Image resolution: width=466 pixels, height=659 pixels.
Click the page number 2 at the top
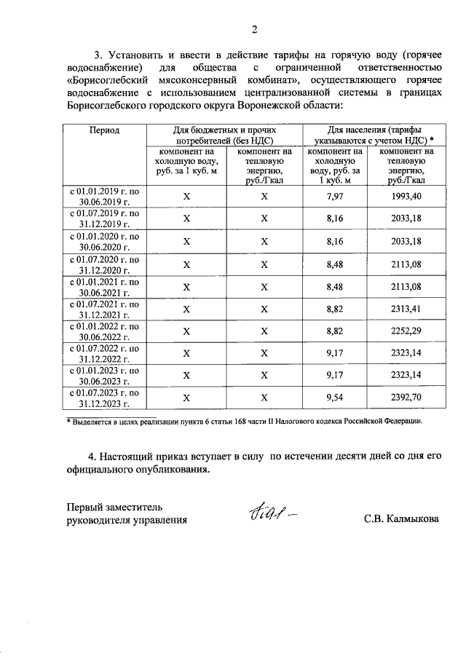pyautogui.click(x=254, y=30)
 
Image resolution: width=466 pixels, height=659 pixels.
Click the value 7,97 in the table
pyautogui.click(x=335, y=197)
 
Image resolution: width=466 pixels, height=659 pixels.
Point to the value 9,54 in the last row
pyautogui.click(x=335, y=398)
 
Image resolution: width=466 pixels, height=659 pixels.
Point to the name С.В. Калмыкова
pyautogui.click(x=402, y=519)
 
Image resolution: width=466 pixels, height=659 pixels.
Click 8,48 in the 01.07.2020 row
pyautogui.click(x=335, y=264)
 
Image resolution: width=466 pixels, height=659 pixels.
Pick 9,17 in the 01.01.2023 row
pyautogui.click(x=335, y=376)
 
